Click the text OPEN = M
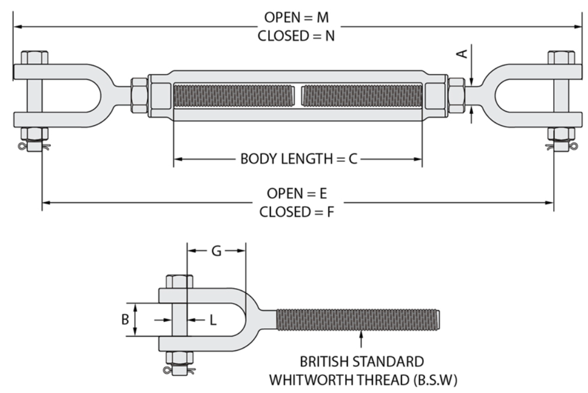[x=296, y=17]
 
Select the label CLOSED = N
[x=296, y=36]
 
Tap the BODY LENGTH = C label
[x=299, y=159]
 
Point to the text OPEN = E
[x=297, y=193]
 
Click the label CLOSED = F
[x=296, y=212]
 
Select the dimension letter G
[x=216, y=251]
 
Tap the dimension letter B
[x=125, y=320]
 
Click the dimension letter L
[x=213, y=320]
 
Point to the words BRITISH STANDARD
[x=362, y=362]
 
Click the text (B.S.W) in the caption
[x=435, y=380]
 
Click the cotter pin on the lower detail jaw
[x=179, y=370]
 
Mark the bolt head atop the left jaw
[x=34, y=58]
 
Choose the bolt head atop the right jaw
[x=561, y=58]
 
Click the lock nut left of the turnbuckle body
[x=139, y=96]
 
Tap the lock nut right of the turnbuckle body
[x=456, y=96]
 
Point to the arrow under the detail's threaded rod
[x=361, y=339]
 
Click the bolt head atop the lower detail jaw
[x=180, y=282]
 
